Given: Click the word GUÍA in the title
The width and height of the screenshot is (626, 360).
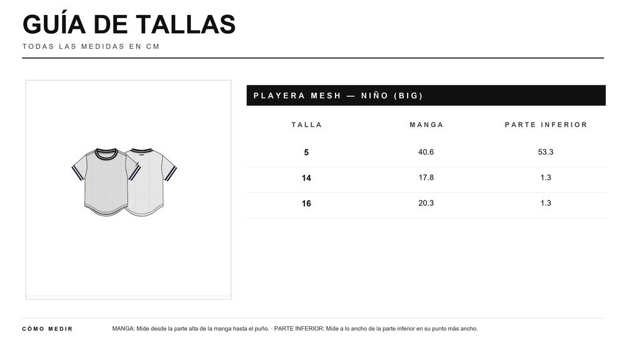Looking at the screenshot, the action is (x=54, y=24).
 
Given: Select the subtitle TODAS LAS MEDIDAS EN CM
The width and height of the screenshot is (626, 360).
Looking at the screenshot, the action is (x=91, y=46).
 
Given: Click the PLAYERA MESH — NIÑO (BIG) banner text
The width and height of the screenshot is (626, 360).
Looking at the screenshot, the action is (x=338, y=96).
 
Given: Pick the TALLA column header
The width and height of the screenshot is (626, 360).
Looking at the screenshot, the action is (x=307, y=125).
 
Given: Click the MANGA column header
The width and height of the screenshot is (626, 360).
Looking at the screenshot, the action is (x=426, y=125).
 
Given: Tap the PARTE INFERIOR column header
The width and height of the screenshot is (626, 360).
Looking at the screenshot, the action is (x=546, y=125).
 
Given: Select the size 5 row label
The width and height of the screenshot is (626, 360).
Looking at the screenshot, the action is (x=306, y=153).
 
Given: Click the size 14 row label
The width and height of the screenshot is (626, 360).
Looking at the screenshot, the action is (x=306, y=178).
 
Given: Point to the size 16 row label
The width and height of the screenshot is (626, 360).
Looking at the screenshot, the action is (x=306, y=203).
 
